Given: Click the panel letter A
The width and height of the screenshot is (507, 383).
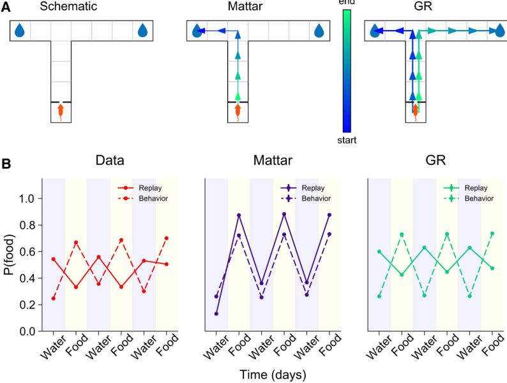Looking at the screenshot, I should point(5,8).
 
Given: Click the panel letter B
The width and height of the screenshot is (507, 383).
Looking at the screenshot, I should point(5,164).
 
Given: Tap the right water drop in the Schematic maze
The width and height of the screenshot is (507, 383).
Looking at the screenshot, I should point(142,30).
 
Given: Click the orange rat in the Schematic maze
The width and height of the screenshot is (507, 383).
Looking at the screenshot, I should point(61,112).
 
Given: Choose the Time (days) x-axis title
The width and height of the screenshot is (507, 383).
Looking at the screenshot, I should point(273,373).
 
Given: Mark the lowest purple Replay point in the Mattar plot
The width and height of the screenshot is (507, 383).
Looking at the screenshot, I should point(216,314).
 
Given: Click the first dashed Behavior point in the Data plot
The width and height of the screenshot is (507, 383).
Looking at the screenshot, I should point(54,298).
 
